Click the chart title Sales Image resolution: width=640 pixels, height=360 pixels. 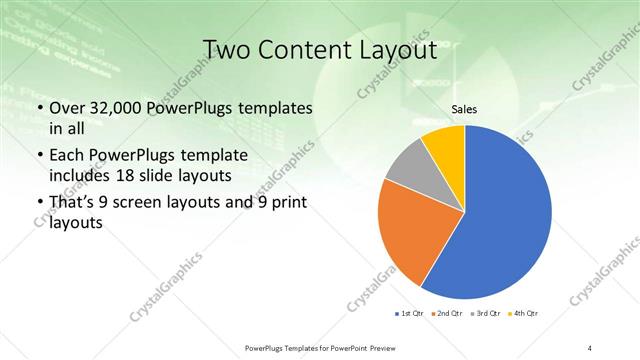tap(465, 110)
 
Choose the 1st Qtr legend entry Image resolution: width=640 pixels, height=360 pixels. tap(411, 315)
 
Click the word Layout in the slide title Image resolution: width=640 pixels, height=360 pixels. tap(396, 49)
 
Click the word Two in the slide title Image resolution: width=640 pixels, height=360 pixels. tap(228, 49)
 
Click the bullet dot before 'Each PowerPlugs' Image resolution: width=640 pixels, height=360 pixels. tap(39, 156)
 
